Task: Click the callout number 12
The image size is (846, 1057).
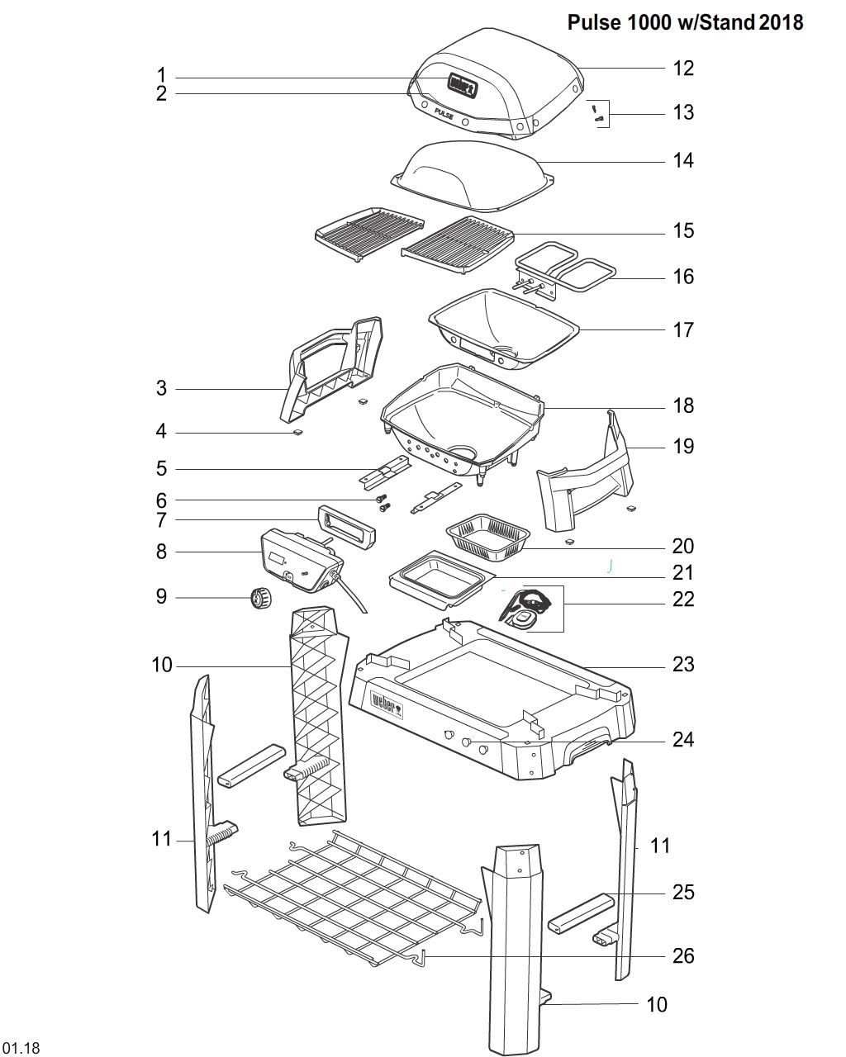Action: (683, 68)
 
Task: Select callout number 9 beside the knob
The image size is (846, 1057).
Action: (161, 596)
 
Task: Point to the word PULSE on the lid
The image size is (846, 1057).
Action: (443, 116)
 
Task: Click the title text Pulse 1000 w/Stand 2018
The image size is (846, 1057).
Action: (685, 22)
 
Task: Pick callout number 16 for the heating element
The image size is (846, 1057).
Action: (683, 277)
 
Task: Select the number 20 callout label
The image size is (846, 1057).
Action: (683, 546)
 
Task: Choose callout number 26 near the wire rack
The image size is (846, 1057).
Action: (683, 955)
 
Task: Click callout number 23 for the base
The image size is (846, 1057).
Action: (683, 664)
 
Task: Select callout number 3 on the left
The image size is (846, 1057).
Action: (161, 388)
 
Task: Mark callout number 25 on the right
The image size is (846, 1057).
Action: (683, 892)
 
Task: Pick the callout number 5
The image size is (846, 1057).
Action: (161, 468)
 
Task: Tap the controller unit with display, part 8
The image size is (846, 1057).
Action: (297, 562)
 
